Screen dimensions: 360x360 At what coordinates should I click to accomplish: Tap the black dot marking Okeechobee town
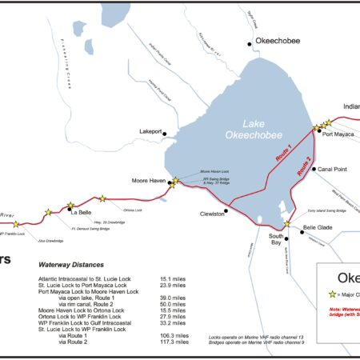click(x=250, y=43)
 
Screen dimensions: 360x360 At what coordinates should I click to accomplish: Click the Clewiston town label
click(x=210, y=214)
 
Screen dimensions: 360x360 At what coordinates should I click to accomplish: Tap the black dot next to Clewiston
click(x=227, y=211)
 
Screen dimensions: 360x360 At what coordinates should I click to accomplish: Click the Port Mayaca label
click(x=338, y=134)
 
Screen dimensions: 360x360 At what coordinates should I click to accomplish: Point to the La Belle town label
click(x=81, y=213)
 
